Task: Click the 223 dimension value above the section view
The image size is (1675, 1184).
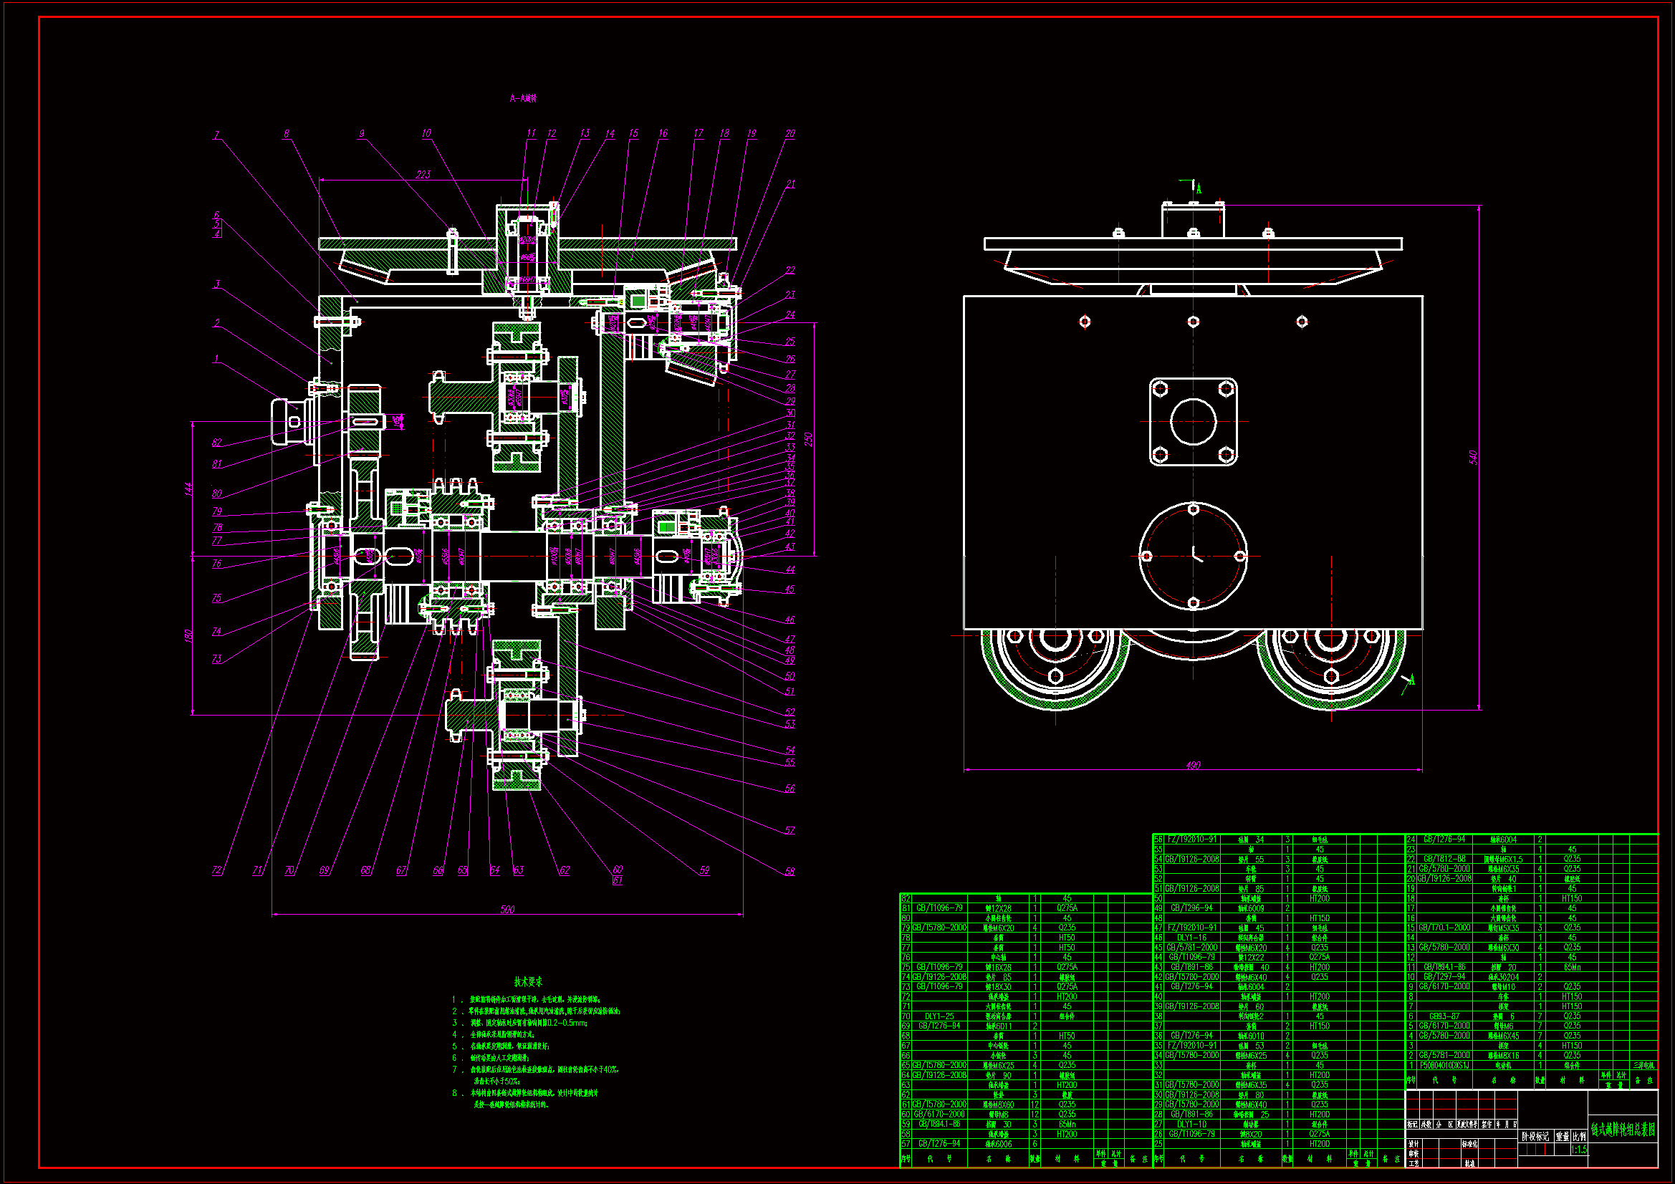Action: pos(423,174)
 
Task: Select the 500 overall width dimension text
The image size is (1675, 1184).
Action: pos(507,909)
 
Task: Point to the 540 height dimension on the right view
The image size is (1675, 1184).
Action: pos(1473,458)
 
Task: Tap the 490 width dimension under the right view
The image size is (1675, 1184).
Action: pos(1193,765)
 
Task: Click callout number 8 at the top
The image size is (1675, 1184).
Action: pos(287,134)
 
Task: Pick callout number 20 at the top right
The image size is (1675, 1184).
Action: pos(790,134)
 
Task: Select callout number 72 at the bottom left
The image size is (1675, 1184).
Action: pos(216,870)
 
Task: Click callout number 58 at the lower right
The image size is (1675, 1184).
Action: pos(789,871)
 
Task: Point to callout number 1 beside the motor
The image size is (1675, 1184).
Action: pos(216,359)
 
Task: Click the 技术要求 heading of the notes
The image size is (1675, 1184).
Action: pos(528,982)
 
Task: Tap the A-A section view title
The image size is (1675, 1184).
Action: pos(523,98)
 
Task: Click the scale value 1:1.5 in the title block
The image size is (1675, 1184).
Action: pos(1579,1150)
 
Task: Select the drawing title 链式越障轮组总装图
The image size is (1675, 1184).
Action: pos(1623,1130)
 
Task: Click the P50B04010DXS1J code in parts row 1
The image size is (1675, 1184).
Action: pos(1444,1066)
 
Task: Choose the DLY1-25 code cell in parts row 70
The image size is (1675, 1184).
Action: pos(939,1016)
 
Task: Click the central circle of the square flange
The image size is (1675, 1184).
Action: pos(1193,421)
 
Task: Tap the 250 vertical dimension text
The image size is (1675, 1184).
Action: pos(808,440)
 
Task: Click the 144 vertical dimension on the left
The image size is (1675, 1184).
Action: pos(189,488)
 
